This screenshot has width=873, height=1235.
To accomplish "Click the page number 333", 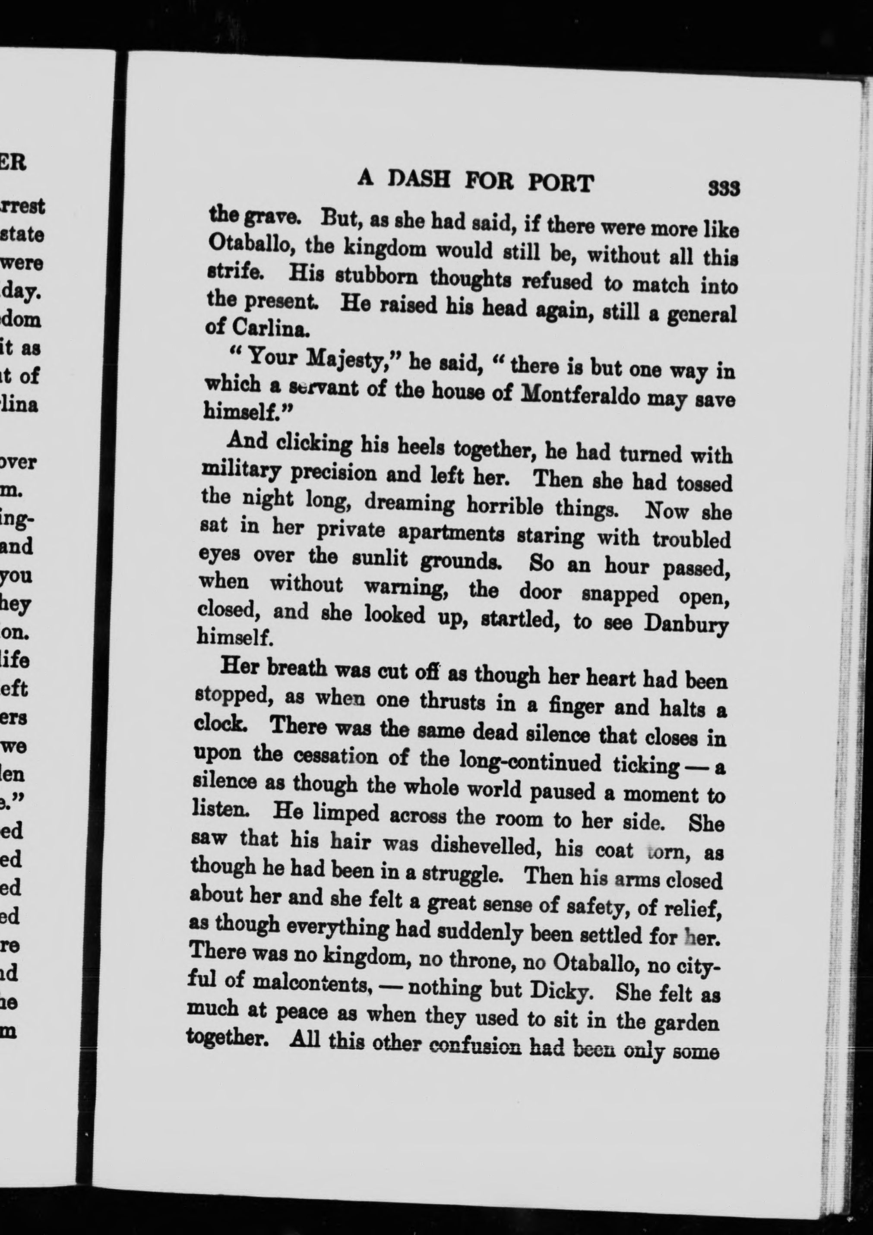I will (724, 189).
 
